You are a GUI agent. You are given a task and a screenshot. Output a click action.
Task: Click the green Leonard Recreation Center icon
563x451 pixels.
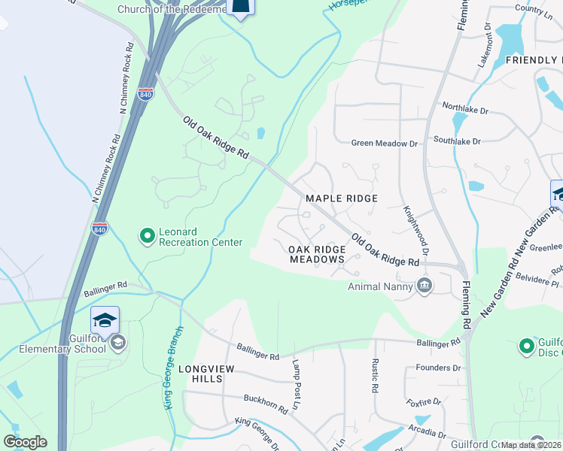[148, 237]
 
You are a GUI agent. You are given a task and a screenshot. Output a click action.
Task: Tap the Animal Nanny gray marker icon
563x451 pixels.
[425, 286]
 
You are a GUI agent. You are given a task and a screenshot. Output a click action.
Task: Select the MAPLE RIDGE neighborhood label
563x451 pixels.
[341, 198]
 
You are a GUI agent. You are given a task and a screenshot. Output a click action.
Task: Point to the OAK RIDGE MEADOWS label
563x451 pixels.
[317, 254]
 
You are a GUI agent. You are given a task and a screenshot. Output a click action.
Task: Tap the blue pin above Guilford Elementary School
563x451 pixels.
[105, 320]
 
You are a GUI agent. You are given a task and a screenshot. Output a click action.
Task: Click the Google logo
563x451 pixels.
[25, 442]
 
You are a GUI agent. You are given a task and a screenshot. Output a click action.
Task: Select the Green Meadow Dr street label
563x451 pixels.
[385, 143]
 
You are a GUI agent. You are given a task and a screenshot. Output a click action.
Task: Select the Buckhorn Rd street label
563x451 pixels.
[265, 404]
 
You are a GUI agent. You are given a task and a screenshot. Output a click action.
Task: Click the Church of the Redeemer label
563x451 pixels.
[172, 9]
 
